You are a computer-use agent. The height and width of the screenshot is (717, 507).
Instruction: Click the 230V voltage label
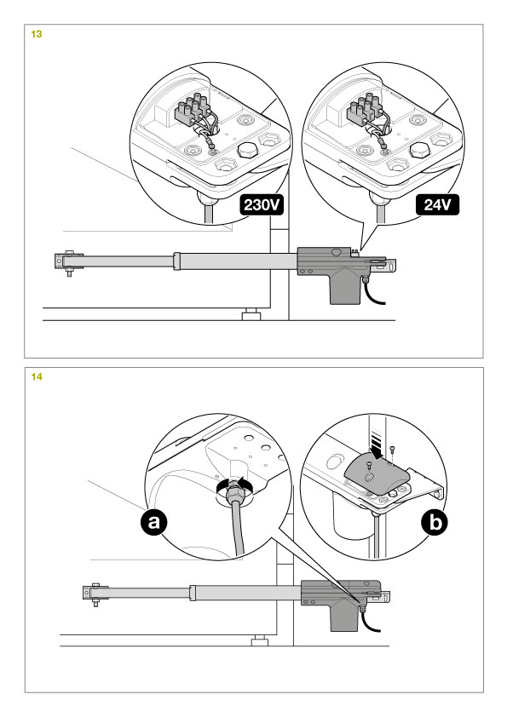(262, 205)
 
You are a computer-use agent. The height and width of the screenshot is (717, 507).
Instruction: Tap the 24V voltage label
(437, 205)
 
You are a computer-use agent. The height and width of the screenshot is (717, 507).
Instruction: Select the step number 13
(37, 34)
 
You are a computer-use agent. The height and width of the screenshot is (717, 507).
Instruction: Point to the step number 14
(37, 376)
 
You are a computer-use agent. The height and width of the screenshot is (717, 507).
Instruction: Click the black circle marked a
(153, 521)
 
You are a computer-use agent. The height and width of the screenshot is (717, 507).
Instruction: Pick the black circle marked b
(435, 522)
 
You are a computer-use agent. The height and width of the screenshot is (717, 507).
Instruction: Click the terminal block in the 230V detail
(193, 110)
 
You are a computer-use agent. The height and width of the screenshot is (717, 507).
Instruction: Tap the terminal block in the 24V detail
(364, 110)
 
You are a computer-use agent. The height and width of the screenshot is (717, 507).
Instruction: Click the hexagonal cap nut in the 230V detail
(248, 150)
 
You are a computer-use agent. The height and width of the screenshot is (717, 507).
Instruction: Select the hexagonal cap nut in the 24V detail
(419, 150)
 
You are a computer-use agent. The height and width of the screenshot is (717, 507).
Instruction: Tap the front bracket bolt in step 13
(69, 264)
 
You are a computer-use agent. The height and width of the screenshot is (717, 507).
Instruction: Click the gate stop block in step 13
(251, 315)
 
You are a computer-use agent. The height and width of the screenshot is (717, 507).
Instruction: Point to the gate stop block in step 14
(259, 641)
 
